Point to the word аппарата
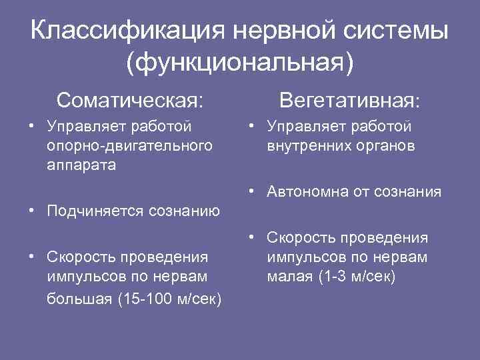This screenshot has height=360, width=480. [x=81, y=165]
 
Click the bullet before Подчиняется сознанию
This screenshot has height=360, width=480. [x=32, y=211]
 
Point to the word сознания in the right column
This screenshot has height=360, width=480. [x=407, y=192]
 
